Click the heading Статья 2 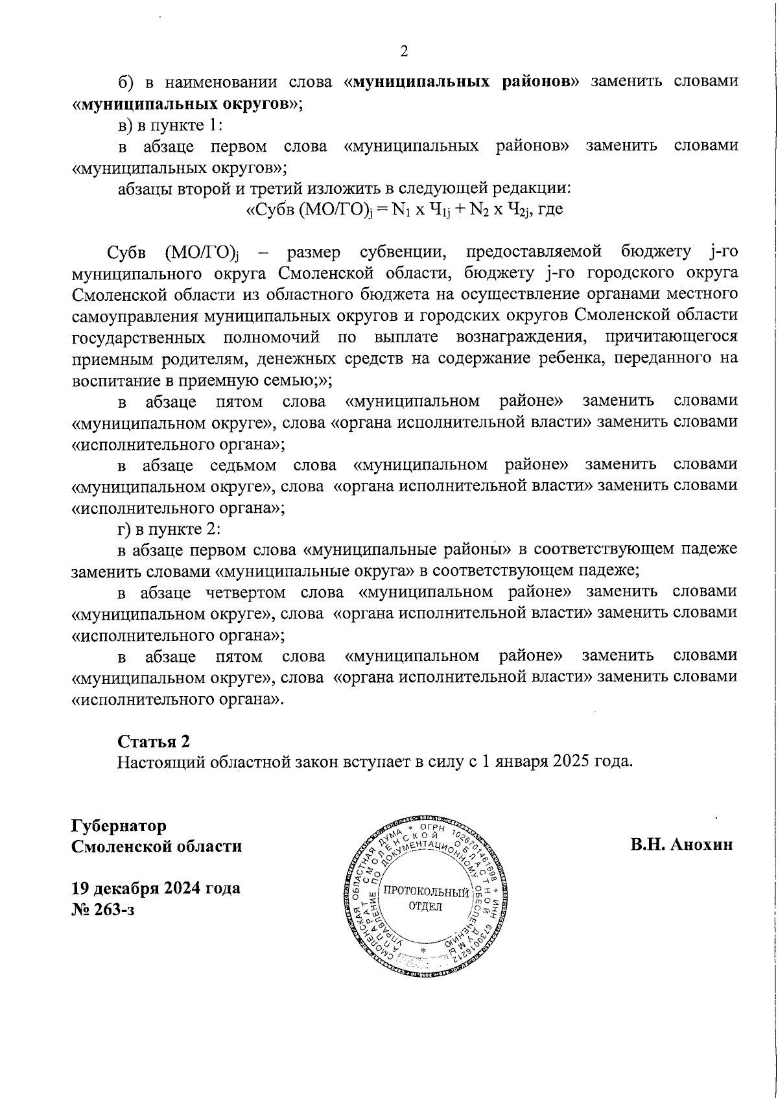(154, 741)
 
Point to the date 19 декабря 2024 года (156, 887)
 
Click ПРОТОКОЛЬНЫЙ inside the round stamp (425, 892)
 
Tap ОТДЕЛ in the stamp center (425, 906)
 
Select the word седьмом (243, 465)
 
